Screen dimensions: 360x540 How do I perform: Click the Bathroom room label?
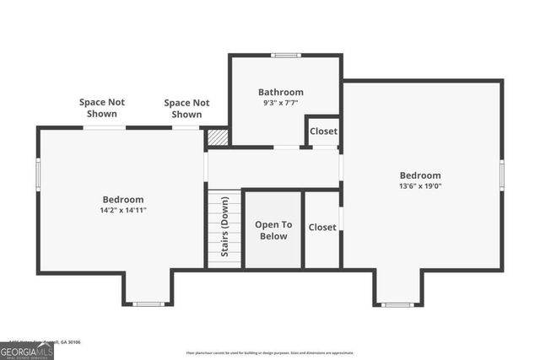tap(280, 92)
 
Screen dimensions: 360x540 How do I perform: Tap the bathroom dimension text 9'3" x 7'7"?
tap(280, 103)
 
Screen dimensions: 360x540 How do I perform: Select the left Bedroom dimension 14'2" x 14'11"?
tap(122, 210)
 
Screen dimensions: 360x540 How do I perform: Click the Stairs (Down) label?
tap(225, 225)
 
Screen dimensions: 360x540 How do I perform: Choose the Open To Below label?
tap(273, 230)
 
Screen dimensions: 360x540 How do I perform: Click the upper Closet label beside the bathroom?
tap(323, 132)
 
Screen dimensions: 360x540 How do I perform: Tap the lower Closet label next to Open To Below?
tap(322, 227)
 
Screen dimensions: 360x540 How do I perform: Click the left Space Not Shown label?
tap(102, 108)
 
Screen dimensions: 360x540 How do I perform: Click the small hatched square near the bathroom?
tap(218, 137)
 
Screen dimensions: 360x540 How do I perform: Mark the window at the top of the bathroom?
tap(285, 56)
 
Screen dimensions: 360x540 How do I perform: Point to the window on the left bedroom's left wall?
tap(38, 174)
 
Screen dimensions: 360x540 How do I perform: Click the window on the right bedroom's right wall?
tap(502, 175)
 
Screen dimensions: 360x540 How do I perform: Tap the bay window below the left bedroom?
tap(148, 304)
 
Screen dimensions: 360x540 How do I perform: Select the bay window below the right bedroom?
tap(398, 304)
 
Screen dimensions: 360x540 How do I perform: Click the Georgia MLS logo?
tap(27, 351)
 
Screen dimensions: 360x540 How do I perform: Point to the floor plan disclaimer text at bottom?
tap(270, 352)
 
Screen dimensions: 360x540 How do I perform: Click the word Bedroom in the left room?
tap(122, 199)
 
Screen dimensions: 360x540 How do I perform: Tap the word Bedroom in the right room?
tap(420, 175)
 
